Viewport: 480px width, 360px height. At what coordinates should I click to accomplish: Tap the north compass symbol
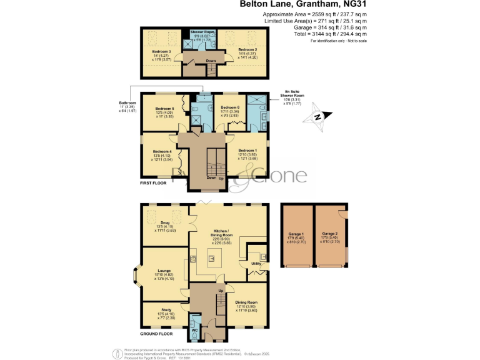click(x=321, y=116)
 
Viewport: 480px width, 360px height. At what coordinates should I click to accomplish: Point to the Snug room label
click(x=165, y=222)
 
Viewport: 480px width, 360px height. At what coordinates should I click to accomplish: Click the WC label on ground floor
click(x=194, y=329)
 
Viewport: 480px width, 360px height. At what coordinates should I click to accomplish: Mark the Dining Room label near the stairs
click(x=246, y=302)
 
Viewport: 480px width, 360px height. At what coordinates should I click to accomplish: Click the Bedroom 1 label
click(x=247, y=151)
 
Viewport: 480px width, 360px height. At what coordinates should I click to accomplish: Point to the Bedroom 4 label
click(x=162, y=151)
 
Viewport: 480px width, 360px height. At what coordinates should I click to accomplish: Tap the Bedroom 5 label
click(x=164, y=109)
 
